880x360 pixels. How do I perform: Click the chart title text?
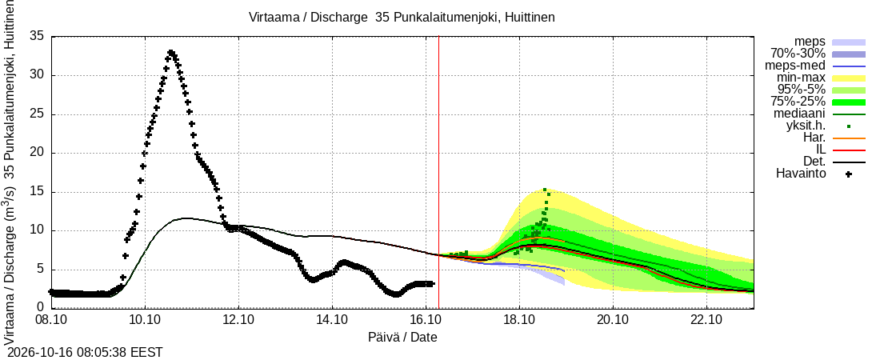[x=402, y=18]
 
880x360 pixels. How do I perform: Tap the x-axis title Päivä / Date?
[x=402, y=337]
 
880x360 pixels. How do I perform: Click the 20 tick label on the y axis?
[x=37, y=154]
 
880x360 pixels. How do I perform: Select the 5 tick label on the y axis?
[x=41, y=270]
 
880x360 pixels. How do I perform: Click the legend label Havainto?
[x=801, y=174]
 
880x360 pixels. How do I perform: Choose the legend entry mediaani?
[x=800, y=114]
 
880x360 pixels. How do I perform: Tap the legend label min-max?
[x=801, y=78]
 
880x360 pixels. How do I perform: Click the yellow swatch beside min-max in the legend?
[x=849, y=78]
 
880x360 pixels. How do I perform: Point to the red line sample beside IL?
[x=849, y=150]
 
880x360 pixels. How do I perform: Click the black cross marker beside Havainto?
[x=849, y=174]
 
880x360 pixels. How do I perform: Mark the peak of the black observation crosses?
[x=171, y=52]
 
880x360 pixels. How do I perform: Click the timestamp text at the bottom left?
[x=82, y=353]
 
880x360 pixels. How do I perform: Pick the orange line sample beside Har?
[x=849, y=138]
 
